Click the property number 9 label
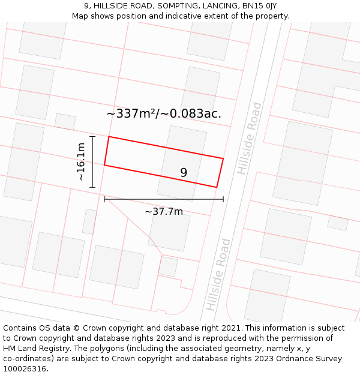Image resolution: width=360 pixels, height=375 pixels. coord(184,173)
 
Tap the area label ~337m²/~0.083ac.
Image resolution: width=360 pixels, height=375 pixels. coord(164,113)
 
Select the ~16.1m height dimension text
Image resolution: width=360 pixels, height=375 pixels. coord(81,162)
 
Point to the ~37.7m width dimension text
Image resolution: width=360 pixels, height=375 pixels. coord(164,211)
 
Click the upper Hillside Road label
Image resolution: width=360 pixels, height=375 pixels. coord(250,139)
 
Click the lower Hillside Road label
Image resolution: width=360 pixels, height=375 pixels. coord(218,274)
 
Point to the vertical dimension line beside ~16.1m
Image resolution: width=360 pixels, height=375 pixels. coord(92,162)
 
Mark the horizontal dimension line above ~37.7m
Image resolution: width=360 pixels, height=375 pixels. coord(164,199)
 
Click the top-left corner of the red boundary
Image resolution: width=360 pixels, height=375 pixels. coord(109,137)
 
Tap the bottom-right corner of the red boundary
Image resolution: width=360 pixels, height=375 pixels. coord(216,187)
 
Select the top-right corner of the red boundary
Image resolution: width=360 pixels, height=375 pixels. coord(223,158)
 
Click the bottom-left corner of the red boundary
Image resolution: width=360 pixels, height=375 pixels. coord(104,165)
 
